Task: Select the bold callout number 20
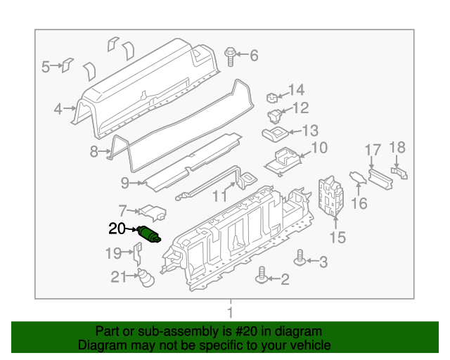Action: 117,229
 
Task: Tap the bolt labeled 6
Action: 231,56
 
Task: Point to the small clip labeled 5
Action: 67,66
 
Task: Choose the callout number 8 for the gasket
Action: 94,151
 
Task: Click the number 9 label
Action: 124,184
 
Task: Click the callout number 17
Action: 373,149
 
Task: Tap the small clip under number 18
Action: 399,172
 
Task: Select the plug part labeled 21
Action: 145,278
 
